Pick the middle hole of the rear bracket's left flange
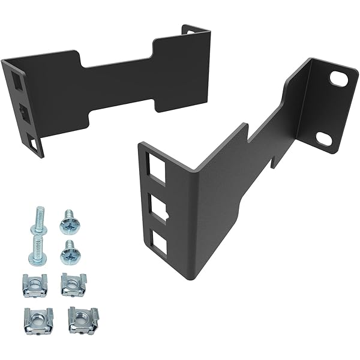22,110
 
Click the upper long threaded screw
39,220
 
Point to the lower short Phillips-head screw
69,253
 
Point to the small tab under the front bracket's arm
274,158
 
